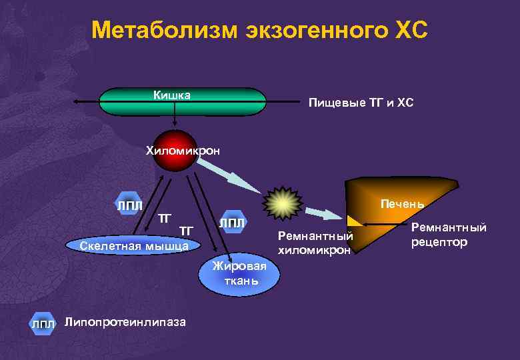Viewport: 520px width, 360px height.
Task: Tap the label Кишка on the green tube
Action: (x=172, y=95)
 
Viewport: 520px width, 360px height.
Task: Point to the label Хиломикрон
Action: (x=183, y=151)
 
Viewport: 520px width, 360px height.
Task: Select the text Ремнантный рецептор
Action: (x=449, y=235)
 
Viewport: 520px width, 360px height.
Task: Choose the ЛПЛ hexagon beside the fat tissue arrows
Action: (x=233, y=223)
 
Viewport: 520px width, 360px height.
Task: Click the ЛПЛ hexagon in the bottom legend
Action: (x=42, y=324)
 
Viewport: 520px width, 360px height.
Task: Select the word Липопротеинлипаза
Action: (x=125, y=322)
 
